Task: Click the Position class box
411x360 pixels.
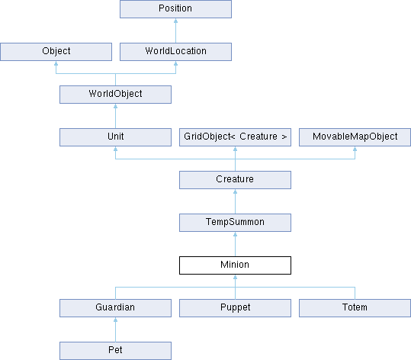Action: click(x=175, y=9)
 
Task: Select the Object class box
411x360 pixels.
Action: click(x=56, y=52)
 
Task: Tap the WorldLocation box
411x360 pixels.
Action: click(x=175, y=52)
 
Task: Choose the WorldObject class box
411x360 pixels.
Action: click(x=115, y=95)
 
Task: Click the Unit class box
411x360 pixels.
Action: click(x=115, y=137)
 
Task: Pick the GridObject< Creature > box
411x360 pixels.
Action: click(x=235, y=137)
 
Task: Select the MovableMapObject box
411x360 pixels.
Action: click(x=355, y=137)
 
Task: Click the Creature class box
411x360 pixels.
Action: click(x=235, y=180)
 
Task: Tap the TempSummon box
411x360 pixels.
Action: click(x=235, y=223)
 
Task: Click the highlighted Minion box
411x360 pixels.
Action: click(x=235, y=265)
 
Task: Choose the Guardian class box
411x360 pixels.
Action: click(x=115, y=308)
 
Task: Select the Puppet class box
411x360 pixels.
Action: click(x=235, y=308)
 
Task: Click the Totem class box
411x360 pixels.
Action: click(x=355, y=308)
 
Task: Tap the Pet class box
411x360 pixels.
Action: click(x=115, y=351)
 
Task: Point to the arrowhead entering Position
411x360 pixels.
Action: click(x=175, y=21)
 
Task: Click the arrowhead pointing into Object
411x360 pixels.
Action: click(x=56, y=63)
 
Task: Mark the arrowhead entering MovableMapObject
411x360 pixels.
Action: click(x=355, y=149)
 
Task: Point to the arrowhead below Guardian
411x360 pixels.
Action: click(x=115, y=320)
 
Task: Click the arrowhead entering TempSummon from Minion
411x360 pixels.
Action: click(x=235, y=234)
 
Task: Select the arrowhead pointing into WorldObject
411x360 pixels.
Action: click(x=115, y=106)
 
